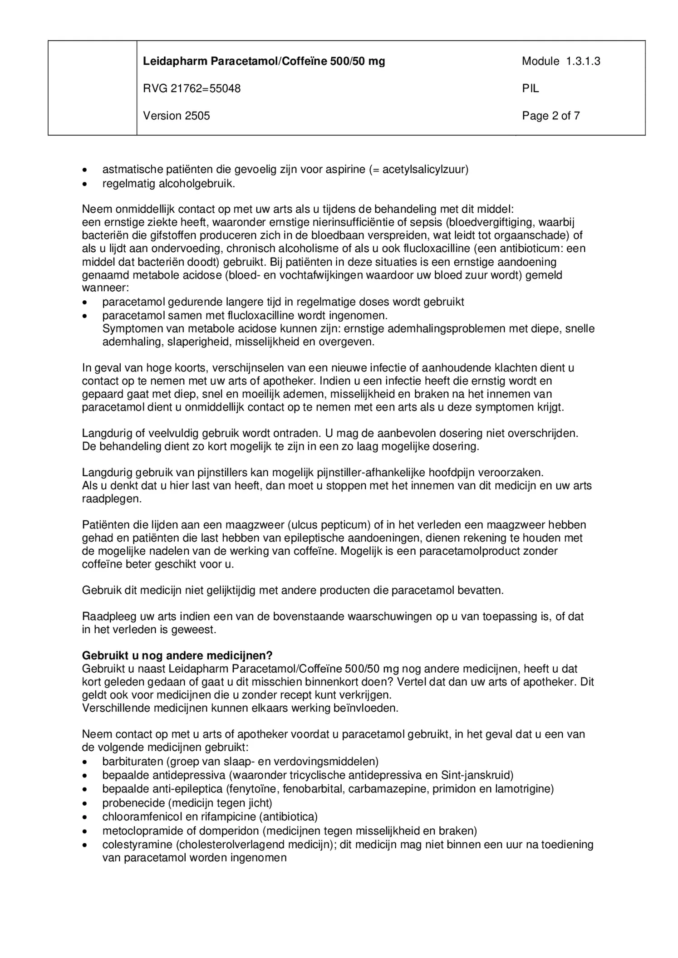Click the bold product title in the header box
tap(264, 61)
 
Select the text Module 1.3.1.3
tap(560, 61)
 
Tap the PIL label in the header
tap(530, 88)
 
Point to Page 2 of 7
tap(550, 116)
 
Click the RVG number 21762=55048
tap(192, 88)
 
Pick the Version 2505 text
tap(177, 116)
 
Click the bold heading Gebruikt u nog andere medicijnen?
tap(177, 655)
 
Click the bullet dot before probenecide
tap(85, 803)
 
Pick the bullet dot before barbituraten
tap(85, 762)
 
